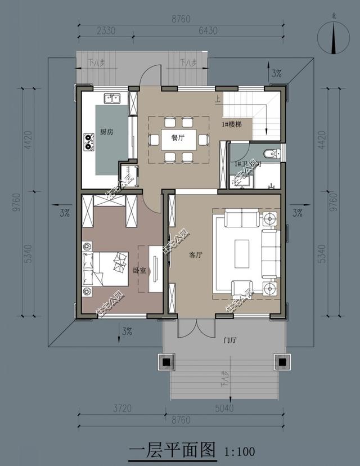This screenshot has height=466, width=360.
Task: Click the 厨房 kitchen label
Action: point(107,132)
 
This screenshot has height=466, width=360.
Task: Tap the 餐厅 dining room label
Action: point(177,138)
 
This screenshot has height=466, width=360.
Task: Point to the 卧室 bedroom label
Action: point(139,271)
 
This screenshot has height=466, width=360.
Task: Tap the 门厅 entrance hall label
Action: point(229,340)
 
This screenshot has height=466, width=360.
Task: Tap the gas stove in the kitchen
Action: point(88,141)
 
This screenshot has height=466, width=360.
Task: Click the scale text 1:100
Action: point(240,451)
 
